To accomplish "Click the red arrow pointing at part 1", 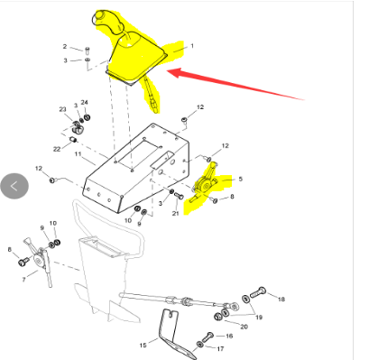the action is [235, 84].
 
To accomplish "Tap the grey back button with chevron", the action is [14, 186].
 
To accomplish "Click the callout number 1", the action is [192, 46].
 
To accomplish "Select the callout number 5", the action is [240, 179].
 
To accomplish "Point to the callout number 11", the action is [78, 154].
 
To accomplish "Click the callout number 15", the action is [143, 345].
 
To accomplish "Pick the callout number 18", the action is [281, 299].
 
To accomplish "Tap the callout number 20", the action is [244, 327].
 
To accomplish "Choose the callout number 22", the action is [57, 149].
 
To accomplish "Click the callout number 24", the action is [84, 102].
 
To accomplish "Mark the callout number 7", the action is [23, 280].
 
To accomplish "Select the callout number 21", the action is [175, 213].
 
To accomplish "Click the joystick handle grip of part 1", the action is [107, 21].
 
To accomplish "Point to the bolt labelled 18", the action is [258, 292].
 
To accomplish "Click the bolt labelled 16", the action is [208, 337].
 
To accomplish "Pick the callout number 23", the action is [62, 109].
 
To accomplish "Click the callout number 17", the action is [220, 348].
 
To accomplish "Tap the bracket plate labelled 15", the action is [173, 334].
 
